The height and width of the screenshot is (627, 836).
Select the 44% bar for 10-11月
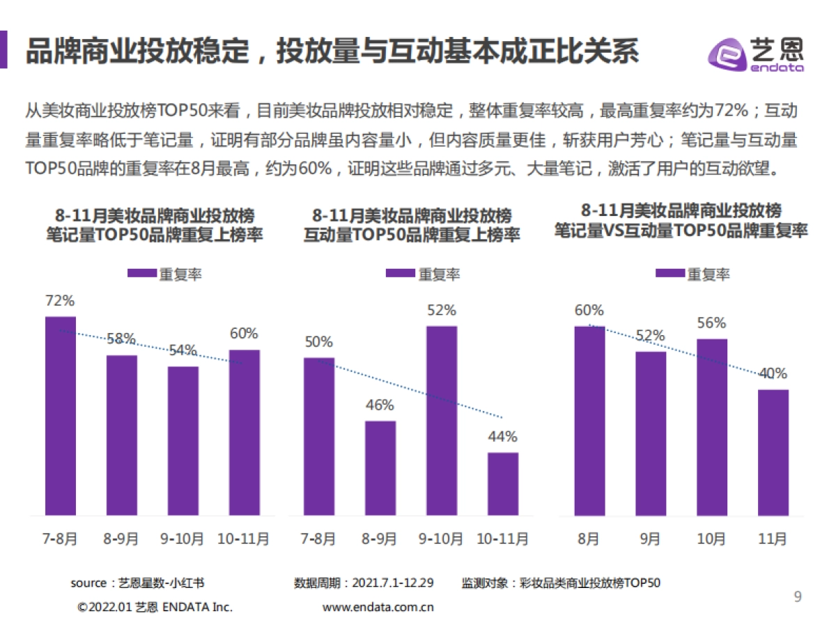[x=502, y=484]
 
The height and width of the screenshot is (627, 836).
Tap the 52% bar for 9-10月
[x=442, y=421]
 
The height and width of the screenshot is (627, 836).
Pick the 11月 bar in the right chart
[x=773, y=453]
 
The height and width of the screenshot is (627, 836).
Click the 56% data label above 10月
[x=711, y=323]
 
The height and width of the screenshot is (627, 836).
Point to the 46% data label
[x=380, y=405]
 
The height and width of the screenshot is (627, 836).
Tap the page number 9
[x=798, y=597]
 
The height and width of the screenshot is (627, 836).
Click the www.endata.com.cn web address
[x=378, y=607]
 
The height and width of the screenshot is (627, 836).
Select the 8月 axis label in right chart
[x=589, y=539]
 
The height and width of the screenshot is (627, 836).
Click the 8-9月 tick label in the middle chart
[x=380, y=539]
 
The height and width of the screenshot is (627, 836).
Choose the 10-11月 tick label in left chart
[x=244, y=539]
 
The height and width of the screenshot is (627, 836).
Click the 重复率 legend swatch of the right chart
[x=669, y=274]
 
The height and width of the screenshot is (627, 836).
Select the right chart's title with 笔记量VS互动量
[x=681, y=221]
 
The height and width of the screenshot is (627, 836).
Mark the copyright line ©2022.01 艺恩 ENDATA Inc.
[x=155, y=607]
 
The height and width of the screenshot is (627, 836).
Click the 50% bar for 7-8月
[x=319, y=437]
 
